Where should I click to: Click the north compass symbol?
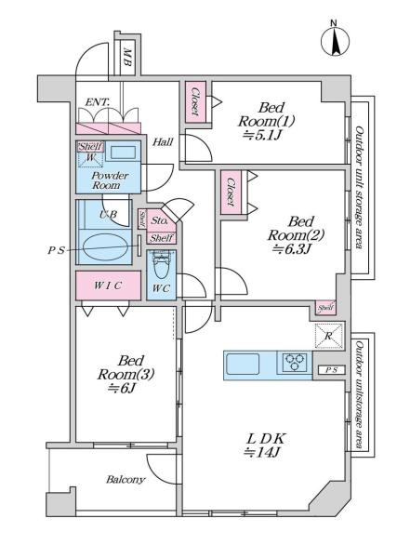(335, 40)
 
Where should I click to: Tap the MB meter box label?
(127, 58)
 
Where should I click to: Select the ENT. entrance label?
(98, 102)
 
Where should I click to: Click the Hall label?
(163, 142)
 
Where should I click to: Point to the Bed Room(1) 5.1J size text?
(265, 135)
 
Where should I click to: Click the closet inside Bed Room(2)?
(231, 193)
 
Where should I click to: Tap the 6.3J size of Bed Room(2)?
(292, 248)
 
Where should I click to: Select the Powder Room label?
(111, 180)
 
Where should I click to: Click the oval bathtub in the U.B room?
(105, 247)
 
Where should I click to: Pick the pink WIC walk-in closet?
(108, 286)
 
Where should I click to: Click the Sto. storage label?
(159, 220)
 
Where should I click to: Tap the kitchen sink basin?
(243, 364)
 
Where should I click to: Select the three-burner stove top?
(295, 363)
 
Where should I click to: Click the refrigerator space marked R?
(329, 336)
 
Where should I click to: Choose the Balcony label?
(126, 480)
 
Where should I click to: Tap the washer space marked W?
(90, 158)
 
